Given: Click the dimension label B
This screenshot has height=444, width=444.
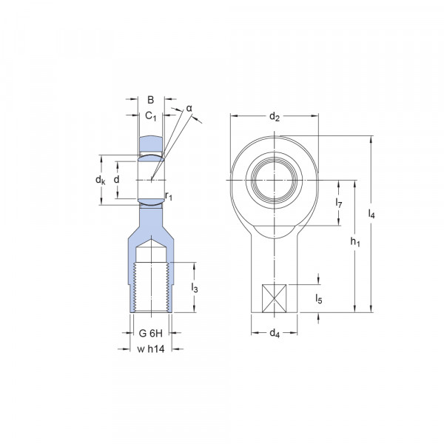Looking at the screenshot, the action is (x=151, y=100).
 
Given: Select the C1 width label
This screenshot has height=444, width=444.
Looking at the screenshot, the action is (x=151, y=116).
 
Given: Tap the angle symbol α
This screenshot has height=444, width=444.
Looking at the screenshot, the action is (x=189, y=109).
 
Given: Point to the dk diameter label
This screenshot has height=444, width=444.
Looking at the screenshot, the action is (x=100, y=180).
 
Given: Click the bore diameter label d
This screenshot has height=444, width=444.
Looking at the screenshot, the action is (x=116, y=179).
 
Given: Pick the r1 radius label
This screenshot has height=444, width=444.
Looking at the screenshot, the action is (x=169, y=195).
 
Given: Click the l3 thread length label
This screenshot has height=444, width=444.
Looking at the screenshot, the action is (x=194, y=287).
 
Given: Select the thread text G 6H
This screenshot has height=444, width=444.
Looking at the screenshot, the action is (x=151, y=334).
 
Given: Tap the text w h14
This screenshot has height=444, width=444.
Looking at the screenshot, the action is (x=151, y=349).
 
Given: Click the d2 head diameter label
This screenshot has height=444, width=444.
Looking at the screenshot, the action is (x=274, y=116).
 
